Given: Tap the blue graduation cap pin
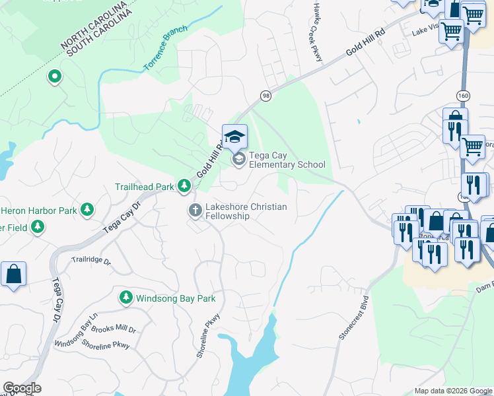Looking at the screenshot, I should pyautogui.click(x=234, y=137).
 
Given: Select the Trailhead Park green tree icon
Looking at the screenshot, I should pyautogui.click(x=184, y=187).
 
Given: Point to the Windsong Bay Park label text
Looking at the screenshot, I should pyautogui.click(x=176, y=298).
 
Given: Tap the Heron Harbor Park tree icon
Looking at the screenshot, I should pyautogui.click(x=87, y=211).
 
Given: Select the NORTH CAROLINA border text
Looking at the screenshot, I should pyautogui.click(x=92, y=24).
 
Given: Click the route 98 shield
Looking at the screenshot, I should pyautogui.click(x=265, y=95).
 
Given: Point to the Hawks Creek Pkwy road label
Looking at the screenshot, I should pyautogui.click(x=318, y=31).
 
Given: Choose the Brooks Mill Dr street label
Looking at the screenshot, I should pyautogui.click(x=114, y=329).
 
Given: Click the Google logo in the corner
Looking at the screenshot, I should pyautogui.click(x=22, y=388).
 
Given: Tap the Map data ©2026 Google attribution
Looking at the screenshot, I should pyautogui.click(x=452, y=391).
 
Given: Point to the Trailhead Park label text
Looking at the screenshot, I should pyautogui.click(x=144, y=187).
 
